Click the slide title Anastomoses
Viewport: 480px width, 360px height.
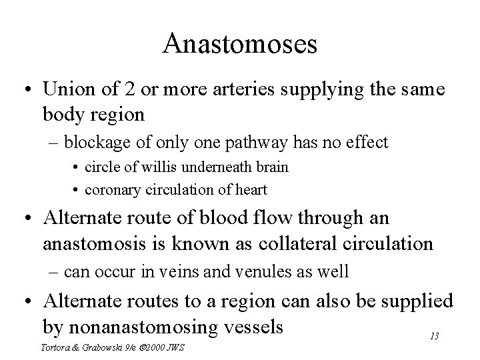[x=239, y=44]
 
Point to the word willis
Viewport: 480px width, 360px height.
[x=165, y=167]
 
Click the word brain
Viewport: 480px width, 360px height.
[x=273, y=167]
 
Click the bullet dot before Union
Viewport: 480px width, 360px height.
[x=29, y=89]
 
